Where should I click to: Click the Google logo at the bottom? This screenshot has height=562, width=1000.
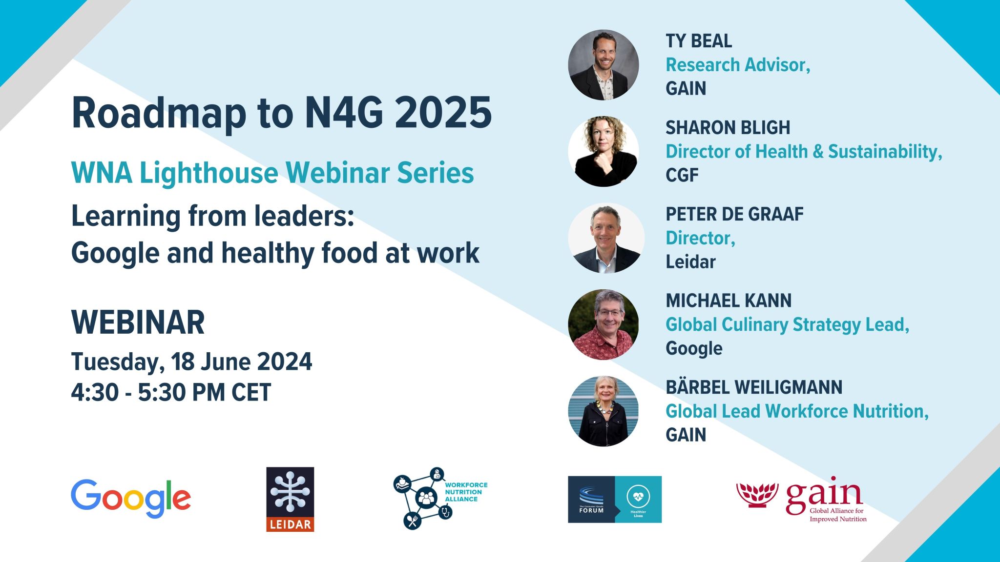(131, 499)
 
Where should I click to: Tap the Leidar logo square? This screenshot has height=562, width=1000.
(290, 499)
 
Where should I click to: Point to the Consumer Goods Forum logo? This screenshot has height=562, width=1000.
(615, 500)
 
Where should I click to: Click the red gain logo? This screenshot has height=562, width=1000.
(801, 502)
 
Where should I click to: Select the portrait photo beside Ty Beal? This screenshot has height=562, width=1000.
(604, 65)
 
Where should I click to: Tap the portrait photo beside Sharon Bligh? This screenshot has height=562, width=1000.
(604, 151)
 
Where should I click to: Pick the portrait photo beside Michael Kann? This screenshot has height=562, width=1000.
(604, 324)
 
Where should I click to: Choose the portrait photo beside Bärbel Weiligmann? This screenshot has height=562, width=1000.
(604, 411)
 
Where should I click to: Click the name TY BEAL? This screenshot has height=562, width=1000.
(699, 41)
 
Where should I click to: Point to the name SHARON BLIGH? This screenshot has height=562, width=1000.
(728, 128)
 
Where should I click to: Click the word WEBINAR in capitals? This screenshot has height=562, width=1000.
(138, 322)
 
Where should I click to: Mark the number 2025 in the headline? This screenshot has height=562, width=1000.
(443, 113)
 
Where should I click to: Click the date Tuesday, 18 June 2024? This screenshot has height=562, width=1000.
(191, 362)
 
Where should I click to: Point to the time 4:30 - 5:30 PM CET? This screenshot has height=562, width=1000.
(171, 392)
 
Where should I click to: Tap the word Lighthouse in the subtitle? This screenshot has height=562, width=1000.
(208, 173)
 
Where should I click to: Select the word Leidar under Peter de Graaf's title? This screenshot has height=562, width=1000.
(690, 262)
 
